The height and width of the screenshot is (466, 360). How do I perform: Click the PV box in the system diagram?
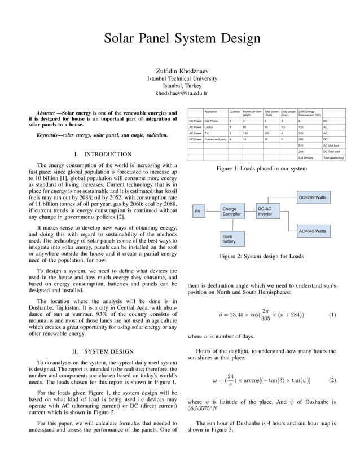point(197,212)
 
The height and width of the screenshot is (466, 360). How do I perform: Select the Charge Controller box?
point(231,212)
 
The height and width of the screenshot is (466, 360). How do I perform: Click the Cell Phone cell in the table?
point(215,121)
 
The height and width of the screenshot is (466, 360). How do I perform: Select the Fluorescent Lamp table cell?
point(215,139)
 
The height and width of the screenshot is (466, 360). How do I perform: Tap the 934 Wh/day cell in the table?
point(308,157)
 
